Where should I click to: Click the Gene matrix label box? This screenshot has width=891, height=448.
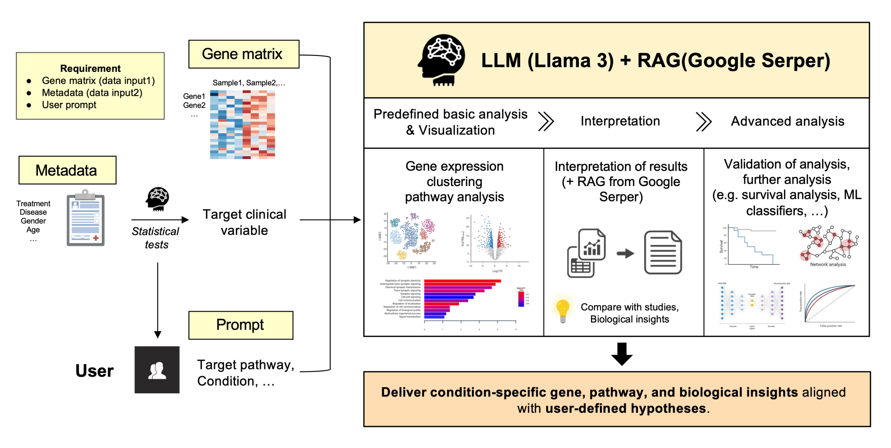click(x=244, y=54)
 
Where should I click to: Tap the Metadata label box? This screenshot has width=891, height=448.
click(x=67, y=170)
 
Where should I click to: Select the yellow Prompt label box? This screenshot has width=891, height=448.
click(x=240, y=325)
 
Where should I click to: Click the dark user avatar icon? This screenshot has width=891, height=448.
click(x=157, y=370)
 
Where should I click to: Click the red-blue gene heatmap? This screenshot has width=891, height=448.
click(x=243, y=125)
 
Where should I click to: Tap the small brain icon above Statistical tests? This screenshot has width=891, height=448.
click(x=157, y=199)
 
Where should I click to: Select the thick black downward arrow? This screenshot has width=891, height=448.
click(x=622, y=354)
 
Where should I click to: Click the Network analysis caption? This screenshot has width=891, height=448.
click(x=828, y=265)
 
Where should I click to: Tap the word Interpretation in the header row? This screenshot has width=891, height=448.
click(x=620, y=121)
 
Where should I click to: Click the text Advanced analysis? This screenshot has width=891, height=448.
click(x=788, y=121)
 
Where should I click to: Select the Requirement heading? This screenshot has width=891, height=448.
click(x=90, y=69)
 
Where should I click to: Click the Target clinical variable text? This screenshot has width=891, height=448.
click(x=244, y=222)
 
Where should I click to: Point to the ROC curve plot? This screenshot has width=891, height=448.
click(x=829, y=304)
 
